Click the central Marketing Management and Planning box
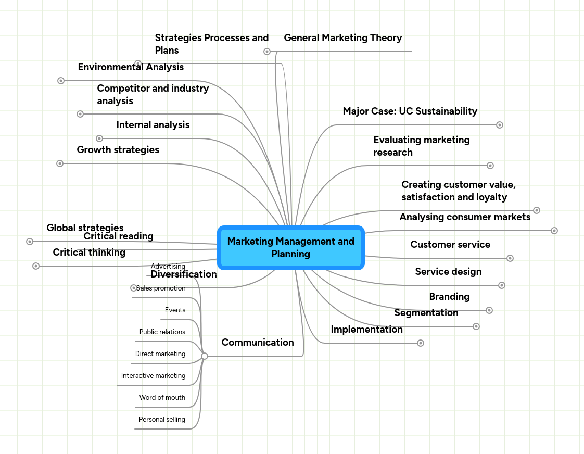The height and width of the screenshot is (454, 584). point(290,248)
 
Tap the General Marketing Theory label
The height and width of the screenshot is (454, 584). point(342,38)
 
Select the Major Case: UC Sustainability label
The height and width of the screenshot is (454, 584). point(410,111)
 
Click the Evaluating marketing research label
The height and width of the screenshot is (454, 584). point(421,146)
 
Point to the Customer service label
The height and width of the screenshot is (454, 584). point(450,245)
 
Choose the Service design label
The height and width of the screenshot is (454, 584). point(448,272)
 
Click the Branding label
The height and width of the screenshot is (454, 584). point(449,297)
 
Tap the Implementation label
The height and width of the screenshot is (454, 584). point(366,330)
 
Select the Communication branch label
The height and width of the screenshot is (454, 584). point(257,343)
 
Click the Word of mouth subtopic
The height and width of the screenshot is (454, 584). point(162,398)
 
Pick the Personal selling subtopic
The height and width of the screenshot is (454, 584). point(162,420)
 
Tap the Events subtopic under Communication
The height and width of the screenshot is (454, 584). point(175,310)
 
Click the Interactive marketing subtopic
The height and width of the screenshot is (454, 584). point(153,376)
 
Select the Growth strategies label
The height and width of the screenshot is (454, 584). point(118,150)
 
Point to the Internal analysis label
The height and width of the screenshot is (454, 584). point(153,125)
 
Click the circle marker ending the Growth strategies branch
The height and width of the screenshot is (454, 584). point(60,163)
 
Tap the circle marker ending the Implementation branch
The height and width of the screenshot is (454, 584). point(421,343)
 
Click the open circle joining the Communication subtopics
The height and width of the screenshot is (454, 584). point(205,356)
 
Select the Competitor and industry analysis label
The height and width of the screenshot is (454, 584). point(153,95)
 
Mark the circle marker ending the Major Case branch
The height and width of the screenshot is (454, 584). point(500,125)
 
